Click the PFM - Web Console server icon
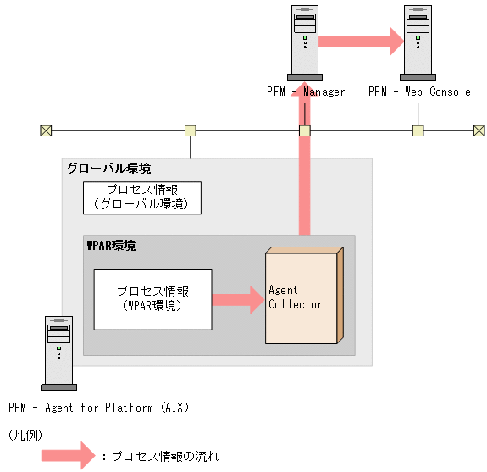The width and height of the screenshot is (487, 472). click(x=418, y=40)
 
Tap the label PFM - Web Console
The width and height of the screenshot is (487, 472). click(x=419, y=92)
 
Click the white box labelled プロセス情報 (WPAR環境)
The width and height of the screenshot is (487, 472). click(x=152, y=299)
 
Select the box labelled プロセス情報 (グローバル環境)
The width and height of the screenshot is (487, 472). click(x=141, y=197)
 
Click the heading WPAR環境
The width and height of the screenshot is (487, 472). click(x=112, y=246)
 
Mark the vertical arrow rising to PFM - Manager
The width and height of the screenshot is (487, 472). click(x=304, y=169)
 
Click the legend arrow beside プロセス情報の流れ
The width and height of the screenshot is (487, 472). click(x=69, y=456)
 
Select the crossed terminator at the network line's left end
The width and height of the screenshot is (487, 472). click(x=46, y=130)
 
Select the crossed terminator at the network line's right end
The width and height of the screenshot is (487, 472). click(x=479, y=130)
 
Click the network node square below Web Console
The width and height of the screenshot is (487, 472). click(x=418, y=130)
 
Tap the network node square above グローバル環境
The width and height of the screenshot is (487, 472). click(x=191, y=130)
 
